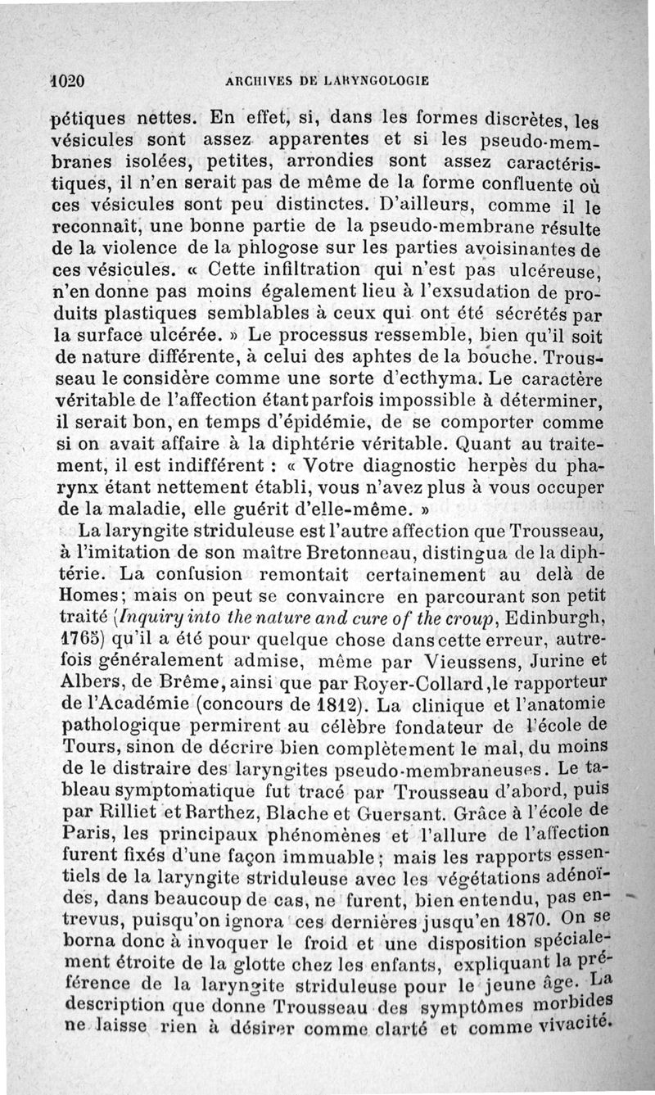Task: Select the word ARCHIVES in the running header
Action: tap(252, 81)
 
